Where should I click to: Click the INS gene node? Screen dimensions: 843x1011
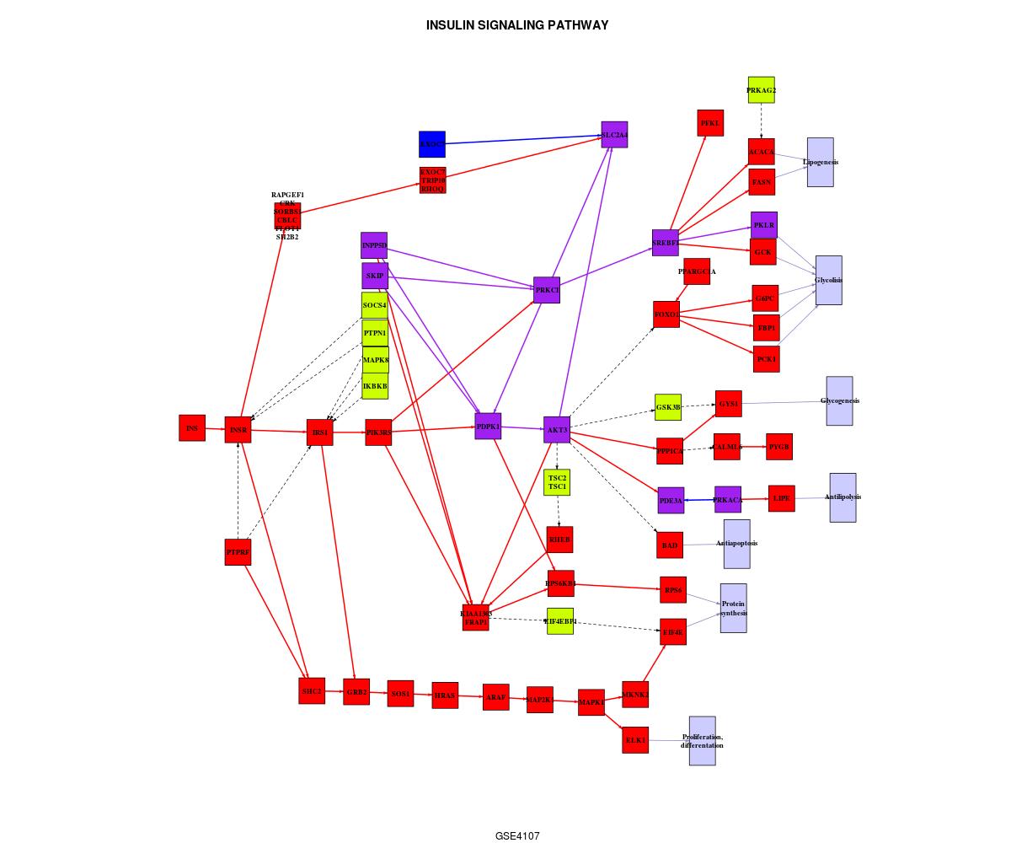192,427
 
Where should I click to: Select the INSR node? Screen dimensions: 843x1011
238,430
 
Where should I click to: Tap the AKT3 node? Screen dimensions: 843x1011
557,430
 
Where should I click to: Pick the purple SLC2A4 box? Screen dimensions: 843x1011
614,135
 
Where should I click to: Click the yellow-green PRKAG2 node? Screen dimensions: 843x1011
761,90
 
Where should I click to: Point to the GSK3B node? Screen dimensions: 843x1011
668,407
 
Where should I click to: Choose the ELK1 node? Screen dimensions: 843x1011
635,740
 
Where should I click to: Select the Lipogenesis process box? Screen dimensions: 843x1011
820,162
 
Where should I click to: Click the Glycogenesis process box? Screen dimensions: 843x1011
839,400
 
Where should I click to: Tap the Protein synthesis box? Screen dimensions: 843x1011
733,608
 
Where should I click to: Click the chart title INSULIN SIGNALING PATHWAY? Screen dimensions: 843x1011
517,25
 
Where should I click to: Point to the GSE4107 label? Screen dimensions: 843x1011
517,836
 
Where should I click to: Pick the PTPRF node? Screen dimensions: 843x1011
238,552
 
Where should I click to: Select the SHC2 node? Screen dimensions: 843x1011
312,690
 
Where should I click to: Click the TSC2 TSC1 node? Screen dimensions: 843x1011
557,482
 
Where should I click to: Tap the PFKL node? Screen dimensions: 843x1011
710,123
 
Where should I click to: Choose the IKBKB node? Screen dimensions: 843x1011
375,386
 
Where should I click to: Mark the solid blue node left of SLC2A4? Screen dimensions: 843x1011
432,144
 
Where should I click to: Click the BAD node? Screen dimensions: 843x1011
670,545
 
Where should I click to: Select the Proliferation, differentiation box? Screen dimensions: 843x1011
702,741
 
